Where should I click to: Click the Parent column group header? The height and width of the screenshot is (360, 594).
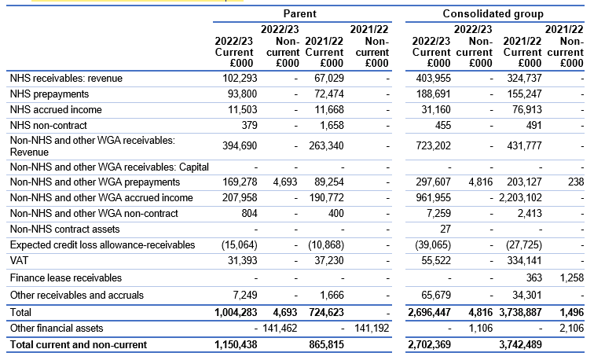299,13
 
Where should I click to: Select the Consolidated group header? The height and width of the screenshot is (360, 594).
493,13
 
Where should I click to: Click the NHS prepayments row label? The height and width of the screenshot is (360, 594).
49,94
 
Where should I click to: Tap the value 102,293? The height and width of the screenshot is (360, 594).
240,78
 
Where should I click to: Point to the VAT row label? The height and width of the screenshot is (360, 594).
19,261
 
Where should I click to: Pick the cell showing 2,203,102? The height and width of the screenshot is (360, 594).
520,198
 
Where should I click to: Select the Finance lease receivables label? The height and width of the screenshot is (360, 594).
66,278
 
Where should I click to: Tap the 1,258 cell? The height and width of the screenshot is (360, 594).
572,278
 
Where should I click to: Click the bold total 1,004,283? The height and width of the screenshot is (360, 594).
236,313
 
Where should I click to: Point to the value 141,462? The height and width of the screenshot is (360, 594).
280,329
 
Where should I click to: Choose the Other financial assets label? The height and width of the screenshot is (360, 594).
57,329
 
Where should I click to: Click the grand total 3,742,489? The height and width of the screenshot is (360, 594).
520,345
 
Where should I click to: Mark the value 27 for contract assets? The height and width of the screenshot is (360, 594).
445,230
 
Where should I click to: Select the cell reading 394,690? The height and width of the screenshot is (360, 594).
240,146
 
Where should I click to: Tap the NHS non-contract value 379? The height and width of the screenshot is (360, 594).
249,126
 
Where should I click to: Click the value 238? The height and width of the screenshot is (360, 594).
576,182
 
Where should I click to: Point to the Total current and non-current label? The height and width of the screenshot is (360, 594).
79,345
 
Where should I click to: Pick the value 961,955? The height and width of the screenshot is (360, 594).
434,198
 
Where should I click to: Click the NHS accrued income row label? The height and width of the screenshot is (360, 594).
56,110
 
